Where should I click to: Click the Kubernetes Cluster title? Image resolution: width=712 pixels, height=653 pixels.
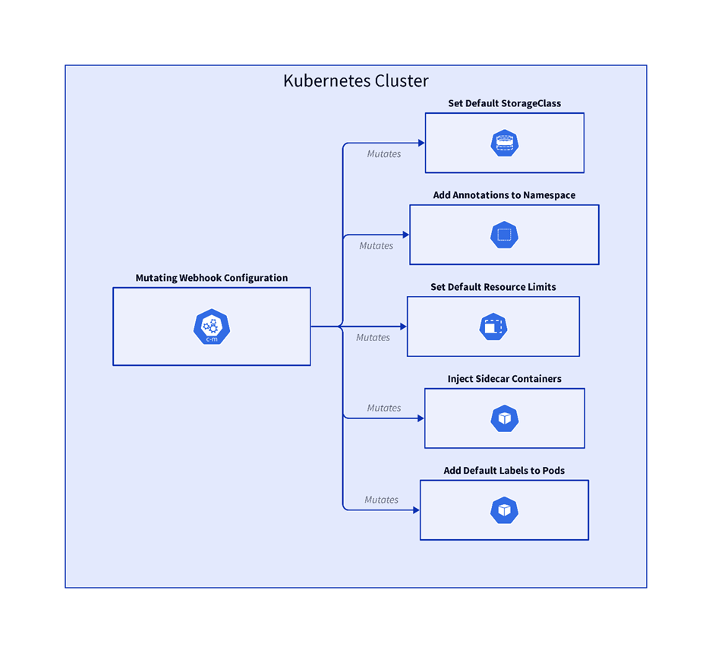(356, 81)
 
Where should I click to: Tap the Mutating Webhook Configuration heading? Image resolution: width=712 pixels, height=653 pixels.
(212, 278)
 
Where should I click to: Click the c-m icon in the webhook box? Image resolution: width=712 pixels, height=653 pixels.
(212, 326)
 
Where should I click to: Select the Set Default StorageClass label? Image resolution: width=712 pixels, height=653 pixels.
(504, 103)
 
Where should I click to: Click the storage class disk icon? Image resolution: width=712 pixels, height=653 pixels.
(504, 143)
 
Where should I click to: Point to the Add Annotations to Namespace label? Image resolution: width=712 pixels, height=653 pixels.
(504, 195)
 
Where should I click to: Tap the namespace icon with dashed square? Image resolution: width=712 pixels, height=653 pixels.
(504, 235)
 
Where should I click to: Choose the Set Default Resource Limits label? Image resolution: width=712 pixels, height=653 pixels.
(493, 287)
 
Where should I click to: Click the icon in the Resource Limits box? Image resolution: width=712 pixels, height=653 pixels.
(493, 326)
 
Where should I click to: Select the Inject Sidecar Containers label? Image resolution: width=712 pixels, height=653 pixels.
(504, 379)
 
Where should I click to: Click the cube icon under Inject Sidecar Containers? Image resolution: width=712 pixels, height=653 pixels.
(504, 418)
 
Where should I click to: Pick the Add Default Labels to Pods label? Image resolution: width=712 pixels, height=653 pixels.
(504, 471)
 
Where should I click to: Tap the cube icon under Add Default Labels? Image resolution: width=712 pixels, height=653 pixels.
(504, 510)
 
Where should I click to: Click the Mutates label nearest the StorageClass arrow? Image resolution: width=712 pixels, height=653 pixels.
(384, 154)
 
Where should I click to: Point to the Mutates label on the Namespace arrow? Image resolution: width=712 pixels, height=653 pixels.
(376, 246)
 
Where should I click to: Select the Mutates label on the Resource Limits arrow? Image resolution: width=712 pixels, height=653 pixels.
(373, 338)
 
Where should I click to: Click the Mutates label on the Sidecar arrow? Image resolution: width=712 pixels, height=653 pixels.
(384, 409)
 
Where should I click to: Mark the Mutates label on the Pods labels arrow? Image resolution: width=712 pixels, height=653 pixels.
(381, 500)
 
